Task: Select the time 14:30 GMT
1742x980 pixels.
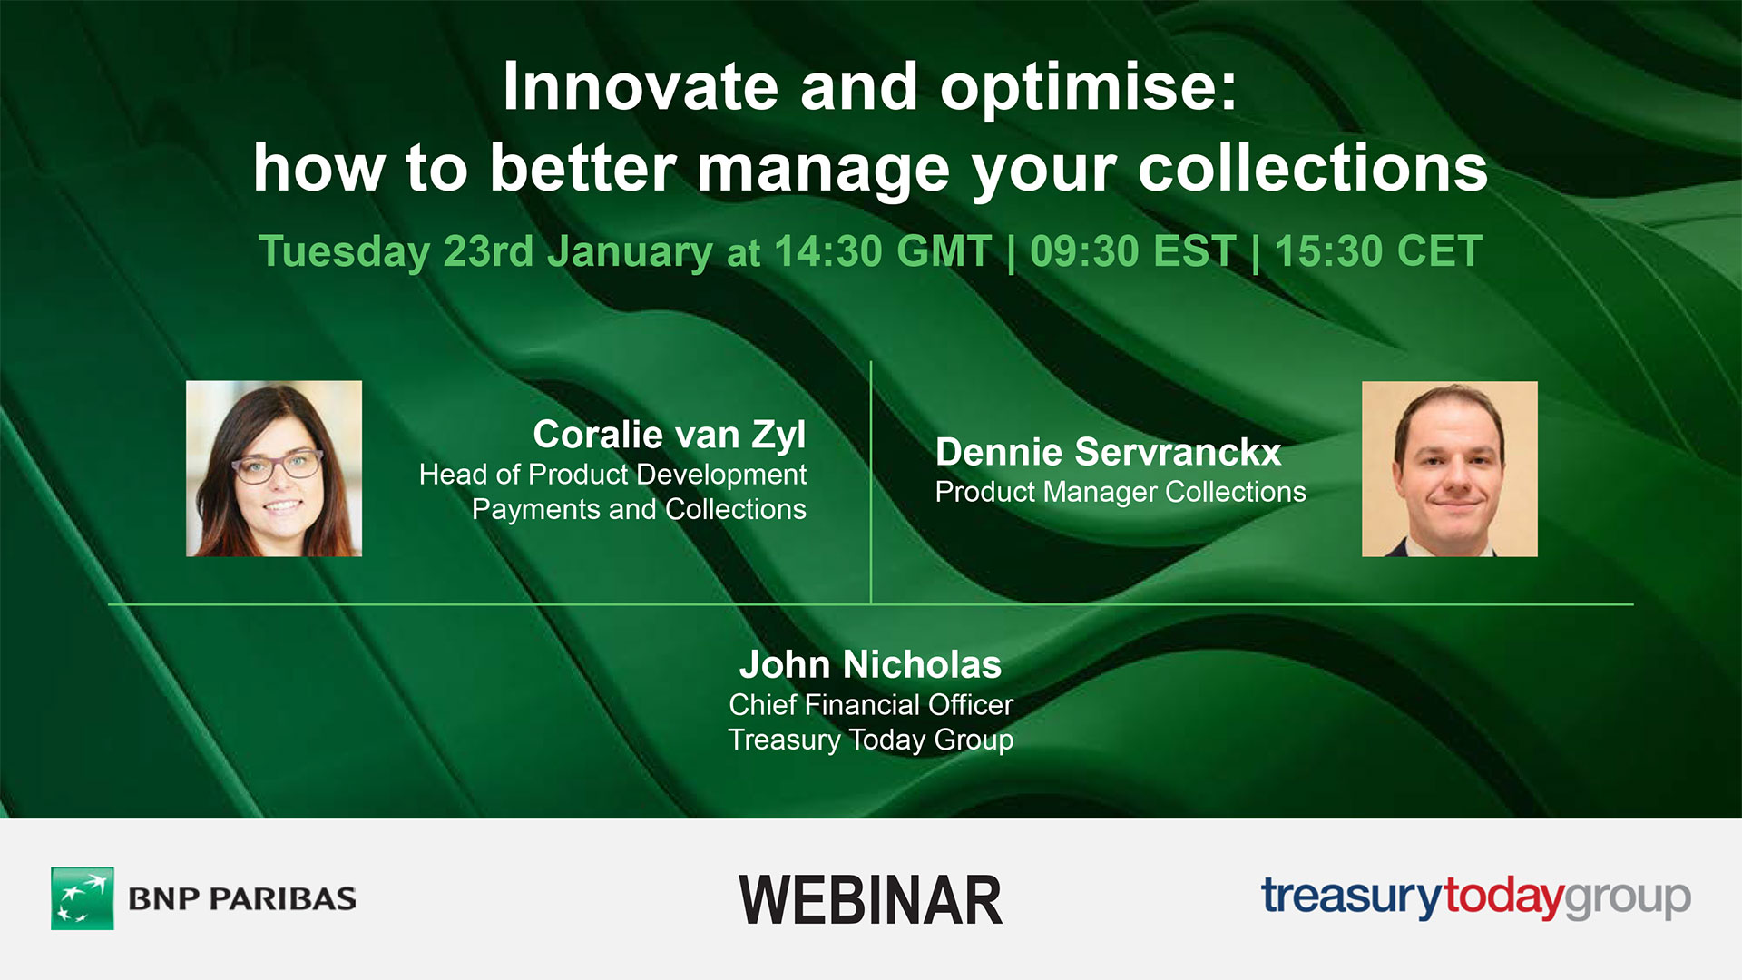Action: [882, 251]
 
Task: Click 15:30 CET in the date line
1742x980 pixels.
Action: [1378, 251]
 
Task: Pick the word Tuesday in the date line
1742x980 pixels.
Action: [344, 251]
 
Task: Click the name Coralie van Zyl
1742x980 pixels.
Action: [669, 435]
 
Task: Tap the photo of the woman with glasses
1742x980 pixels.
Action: [274, 468]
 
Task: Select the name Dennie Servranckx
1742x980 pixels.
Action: [1108, 452]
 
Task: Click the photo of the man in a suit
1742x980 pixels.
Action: [1449, 468]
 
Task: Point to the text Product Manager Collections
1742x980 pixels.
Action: [1120, 492]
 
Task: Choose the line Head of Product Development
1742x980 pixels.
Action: [612, 474]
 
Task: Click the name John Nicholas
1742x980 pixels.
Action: [870, 664]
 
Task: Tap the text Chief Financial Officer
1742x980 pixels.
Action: [870, 704]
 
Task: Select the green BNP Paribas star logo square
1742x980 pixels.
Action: [83, 897]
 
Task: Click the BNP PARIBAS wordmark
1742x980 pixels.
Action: [242, 898]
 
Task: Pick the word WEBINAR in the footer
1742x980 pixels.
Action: [870, 900]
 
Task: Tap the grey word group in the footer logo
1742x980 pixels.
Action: [1628, 898]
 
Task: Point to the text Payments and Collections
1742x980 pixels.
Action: [639, 509]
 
